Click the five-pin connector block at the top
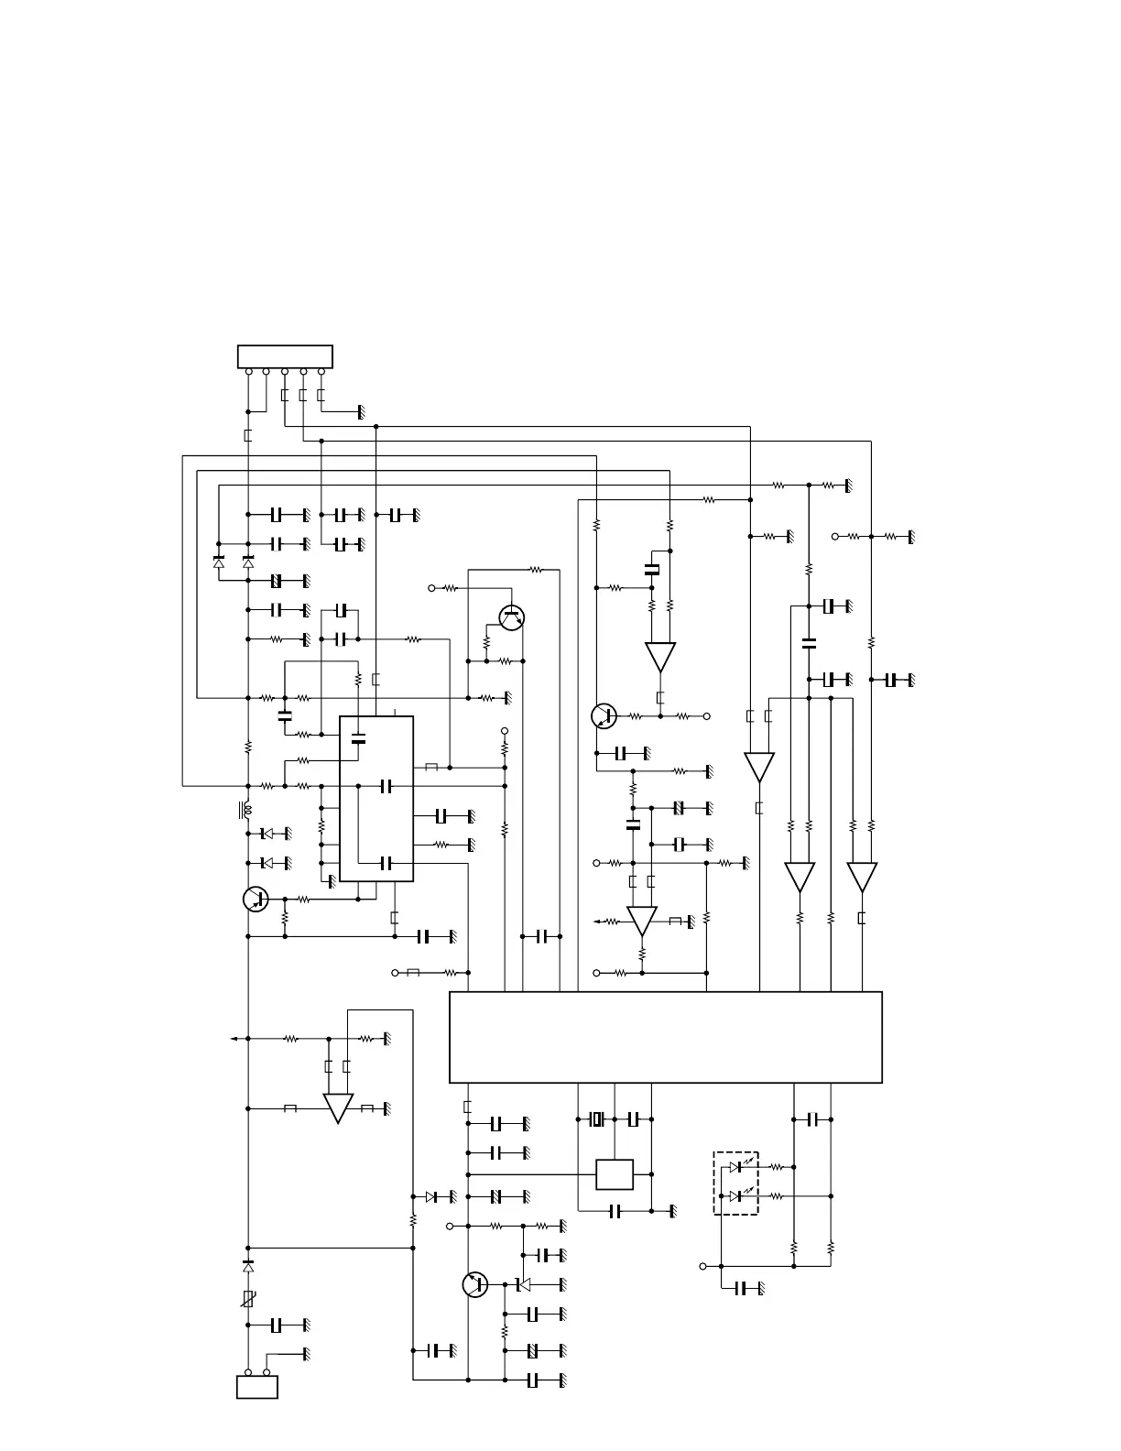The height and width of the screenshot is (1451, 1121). click(x=285, y=356)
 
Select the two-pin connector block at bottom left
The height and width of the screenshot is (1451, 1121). click(x=257, y=1387)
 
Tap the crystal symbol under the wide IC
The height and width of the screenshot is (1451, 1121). click(x=597, y=1119)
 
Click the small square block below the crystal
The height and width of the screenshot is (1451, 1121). click(x=615, y=1174)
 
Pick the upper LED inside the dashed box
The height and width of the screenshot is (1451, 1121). click(x=737, y=1167)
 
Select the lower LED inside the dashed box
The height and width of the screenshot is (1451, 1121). click(x=737, y=1196)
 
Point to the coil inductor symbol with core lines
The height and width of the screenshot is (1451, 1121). click(x=245, y=810)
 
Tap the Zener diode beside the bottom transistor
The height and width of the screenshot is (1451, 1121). click(x=522, y=1284)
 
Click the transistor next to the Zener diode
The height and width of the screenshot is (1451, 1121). click(x=475, y=1284)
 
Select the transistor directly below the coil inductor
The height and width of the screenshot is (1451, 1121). click(x=256, y=899)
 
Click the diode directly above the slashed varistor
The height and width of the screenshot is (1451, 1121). click(x=248, y=1266)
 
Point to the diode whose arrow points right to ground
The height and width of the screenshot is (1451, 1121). click(x=431, y=1196)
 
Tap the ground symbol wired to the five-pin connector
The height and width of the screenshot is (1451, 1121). click(x=362, y=412)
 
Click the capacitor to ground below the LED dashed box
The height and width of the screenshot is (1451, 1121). click(x=746, y=1289)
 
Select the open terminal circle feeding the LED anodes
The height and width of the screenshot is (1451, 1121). click(x=702, y=1266)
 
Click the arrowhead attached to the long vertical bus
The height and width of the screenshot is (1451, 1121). click(x=234, y=1039)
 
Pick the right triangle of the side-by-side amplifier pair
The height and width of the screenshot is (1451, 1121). click(x=862, y=877)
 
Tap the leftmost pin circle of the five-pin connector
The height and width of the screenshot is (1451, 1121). click(x=248, y=371)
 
